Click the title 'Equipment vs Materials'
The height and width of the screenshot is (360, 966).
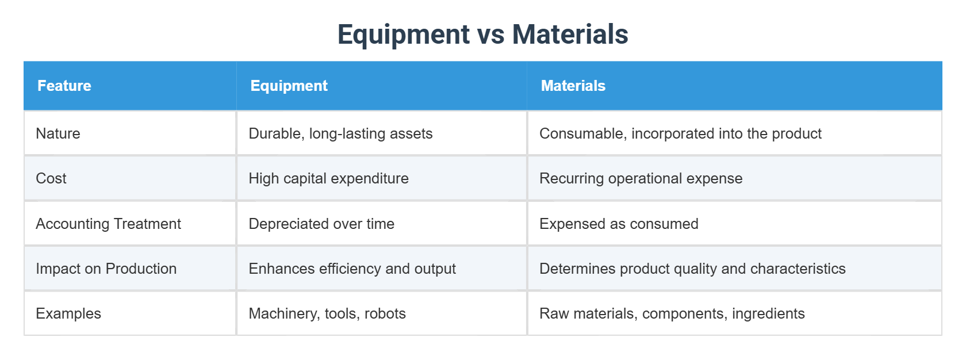coord(482,35)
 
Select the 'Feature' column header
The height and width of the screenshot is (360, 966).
coord(64,86)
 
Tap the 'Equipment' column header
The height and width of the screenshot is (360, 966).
coord(289,86)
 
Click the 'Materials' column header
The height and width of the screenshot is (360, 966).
coord(573,86)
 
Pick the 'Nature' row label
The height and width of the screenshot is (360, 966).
coord(58,133)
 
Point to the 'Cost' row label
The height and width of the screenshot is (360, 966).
coord(51,178)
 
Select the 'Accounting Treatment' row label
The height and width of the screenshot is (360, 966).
coord(108,224)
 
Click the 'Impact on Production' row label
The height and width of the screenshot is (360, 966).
coord(106,269)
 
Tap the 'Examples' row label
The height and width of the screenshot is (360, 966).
coord(68,313)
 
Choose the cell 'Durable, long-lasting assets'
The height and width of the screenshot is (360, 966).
coord(340,133)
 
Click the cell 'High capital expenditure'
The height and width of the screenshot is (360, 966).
coord(328,178)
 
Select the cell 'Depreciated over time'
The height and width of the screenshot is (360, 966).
coord(321,224)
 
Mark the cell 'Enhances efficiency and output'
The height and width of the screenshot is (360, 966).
coord(352,269)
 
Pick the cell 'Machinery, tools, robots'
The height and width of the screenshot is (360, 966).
coord(327,313)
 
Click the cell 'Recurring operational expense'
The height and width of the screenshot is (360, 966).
coord(641,178)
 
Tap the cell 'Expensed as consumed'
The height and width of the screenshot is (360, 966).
coord(619,224)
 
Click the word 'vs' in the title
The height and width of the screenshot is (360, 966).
coord(490,35)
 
